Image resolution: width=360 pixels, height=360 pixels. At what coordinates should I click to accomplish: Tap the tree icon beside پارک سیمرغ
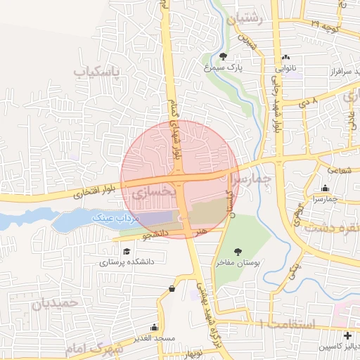pos(224,56)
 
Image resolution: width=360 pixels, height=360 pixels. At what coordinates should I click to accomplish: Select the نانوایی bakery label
pos(285,70)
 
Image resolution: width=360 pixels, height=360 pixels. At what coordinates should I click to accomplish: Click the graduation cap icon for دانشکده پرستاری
pos(126,251)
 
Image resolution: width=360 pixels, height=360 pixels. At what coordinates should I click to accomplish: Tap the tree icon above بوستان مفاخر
pos(238,250)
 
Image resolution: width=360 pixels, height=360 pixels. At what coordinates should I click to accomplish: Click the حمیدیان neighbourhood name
pos(53,304)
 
